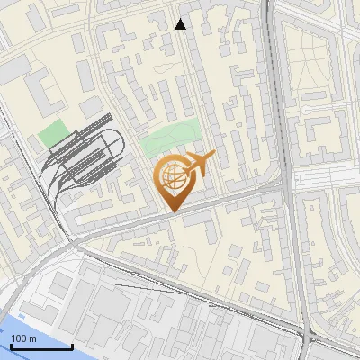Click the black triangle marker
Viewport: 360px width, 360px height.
pos(180,24)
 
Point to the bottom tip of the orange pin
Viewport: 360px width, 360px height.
pos(172,211)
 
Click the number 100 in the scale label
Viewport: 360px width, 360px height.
pos(19,338)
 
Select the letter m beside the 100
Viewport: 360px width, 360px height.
pos(31,338)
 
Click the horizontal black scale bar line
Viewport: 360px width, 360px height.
pos(40,346)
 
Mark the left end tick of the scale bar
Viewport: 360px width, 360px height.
pos(10,345)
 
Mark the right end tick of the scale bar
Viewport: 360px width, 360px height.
pos(72,345)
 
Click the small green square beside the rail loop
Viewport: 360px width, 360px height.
pos(52,134)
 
